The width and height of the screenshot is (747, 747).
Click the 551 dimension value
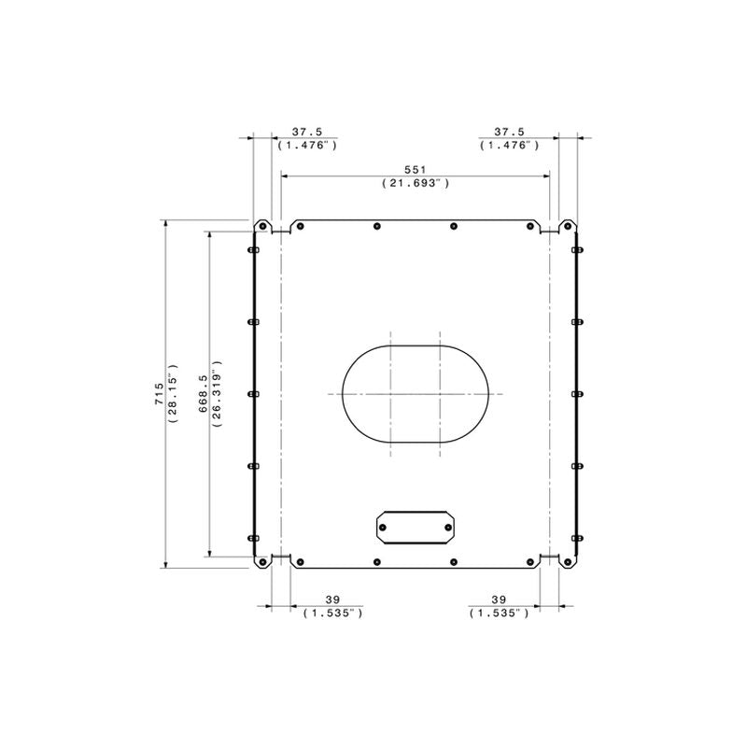[x=415, y=170]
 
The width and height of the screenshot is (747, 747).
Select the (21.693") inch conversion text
[x=416, y=183]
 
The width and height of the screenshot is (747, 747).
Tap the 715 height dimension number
[x=159, y=394]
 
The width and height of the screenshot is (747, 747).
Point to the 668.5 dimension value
[x=204, y=393]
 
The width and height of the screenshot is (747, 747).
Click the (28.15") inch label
[x=173, y=393]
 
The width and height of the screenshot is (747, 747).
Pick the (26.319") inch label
[x=218, y=393]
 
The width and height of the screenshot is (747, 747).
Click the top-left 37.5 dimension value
[x=307, y=132]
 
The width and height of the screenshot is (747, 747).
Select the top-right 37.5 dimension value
[x=509, y=132]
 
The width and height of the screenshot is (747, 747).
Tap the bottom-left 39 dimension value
[x=332, y=599]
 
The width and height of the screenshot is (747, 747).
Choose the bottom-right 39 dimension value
[x=499, y=599]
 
